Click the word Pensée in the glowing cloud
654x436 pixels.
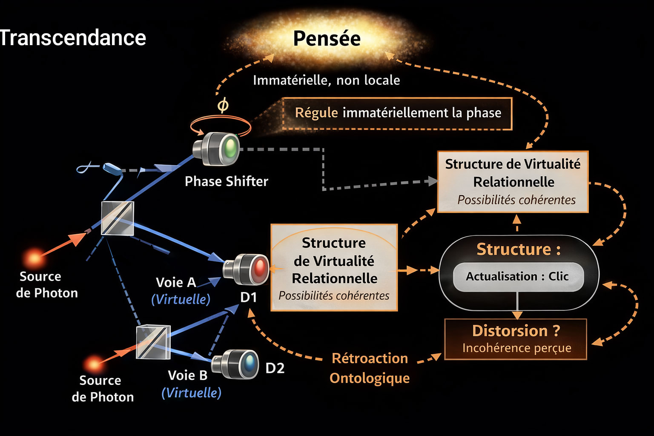pos(327,39)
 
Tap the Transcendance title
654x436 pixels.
pos(72,38)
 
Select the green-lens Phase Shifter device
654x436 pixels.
pos(217,149)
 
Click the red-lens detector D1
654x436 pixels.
pos(247,269)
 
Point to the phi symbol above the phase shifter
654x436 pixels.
pos(223,105)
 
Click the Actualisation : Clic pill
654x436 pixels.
pos(517,277)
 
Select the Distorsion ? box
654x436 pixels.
pos(516,339)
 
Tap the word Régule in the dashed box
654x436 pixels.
pos(316,113)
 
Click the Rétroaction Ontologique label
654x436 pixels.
pos(370,368)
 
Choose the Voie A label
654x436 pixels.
pos(176,282)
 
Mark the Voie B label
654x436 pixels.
pos(188,375)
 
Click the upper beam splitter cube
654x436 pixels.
pos(118,218)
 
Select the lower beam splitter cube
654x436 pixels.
pos(153,342)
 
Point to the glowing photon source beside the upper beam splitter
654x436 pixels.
pos(34,258)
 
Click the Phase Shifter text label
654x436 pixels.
pos(227,181)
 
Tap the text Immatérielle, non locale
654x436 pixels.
pos(327,80)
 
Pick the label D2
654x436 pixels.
pos(275,368)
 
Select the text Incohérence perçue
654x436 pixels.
pos(516,348)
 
